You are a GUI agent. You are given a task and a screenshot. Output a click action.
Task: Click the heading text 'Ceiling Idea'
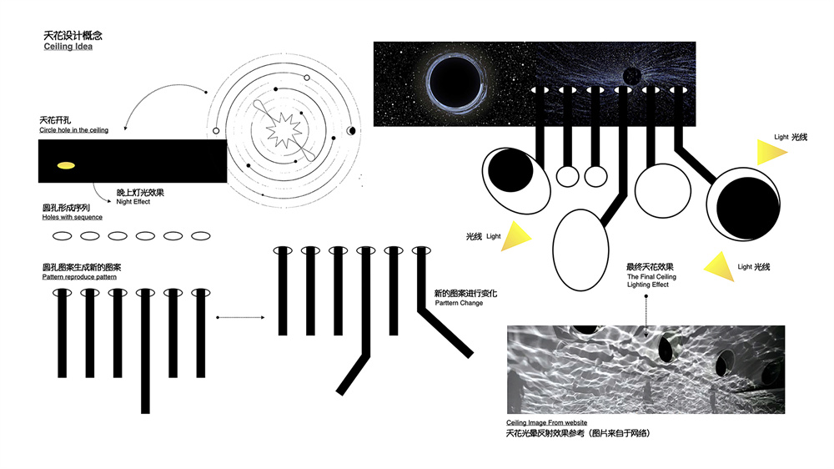tap(68, 47)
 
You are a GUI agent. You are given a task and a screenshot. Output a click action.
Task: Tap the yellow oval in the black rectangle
tap(66, 165)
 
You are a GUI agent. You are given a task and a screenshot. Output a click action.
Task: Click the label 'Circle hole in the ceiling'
tap(73, 130)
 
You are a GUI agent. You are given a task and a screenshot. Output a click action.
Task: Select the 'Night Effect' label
tap(133, 202)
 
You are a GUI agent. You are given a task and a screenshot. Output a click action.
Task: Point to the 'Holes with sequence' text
tap(73, 217)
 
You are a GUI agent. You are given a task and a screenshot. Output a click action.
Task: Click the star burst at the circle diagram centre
tap(284, 130)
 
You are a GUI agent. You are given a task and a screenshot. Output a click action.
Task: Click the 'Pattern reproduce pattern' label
tap(79, 277)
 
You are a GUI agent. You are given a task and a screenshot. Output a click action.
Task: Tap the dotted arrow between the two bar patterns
tap(240, 317)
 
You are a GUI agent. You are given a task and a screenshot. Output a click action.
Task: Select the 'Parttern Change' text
tap(459, 303)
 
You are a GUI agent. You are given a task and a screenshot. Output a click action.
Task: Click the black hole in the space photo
tap(455, 83)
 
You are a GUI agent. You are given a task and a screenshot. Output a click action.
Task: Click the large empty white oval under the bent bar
tap(580, 250)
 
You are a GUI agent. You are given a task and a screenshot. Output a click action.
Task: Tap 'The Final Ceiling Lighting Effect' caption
tap(651, 280)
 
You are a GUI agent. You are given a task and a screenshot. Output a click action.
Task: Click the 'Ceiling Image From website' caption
tap(547, 423)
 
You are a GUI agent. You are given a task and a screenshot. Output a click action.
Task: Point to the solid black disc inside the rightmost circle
tap(748, 208)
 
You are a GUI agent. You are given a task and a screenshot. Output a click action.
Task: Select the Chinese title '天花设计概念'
tap(73, 36)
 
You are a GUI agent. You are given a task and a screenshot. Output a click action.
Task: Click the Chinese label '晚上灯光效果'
tap(140, 193)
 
